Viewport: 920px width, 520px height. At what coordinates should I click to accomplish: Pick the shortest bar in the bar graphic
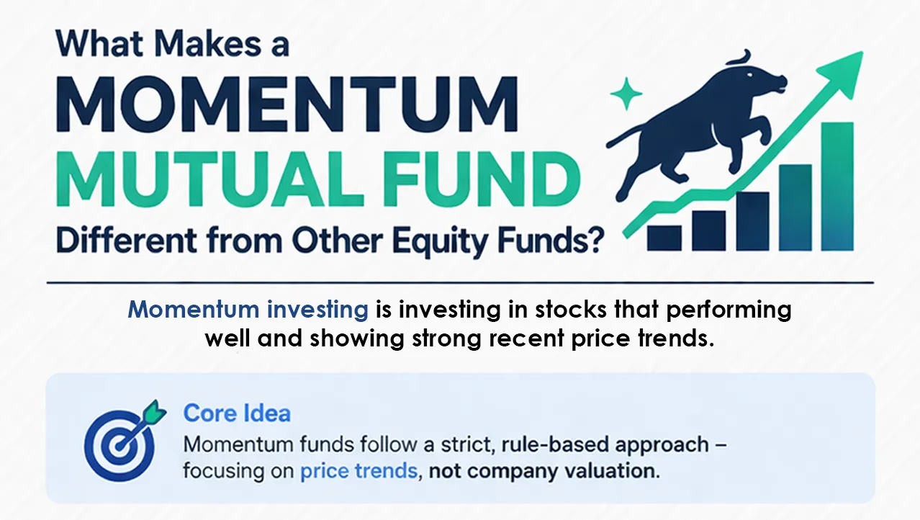664,237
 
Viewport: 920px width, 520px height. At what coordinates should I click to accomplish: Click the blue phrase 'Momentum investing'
248,310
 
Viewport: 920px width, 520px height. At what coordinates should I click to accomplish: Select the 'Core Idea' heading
237,413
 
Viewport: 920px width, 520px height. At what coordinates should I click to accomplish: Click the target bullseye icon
114,443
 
